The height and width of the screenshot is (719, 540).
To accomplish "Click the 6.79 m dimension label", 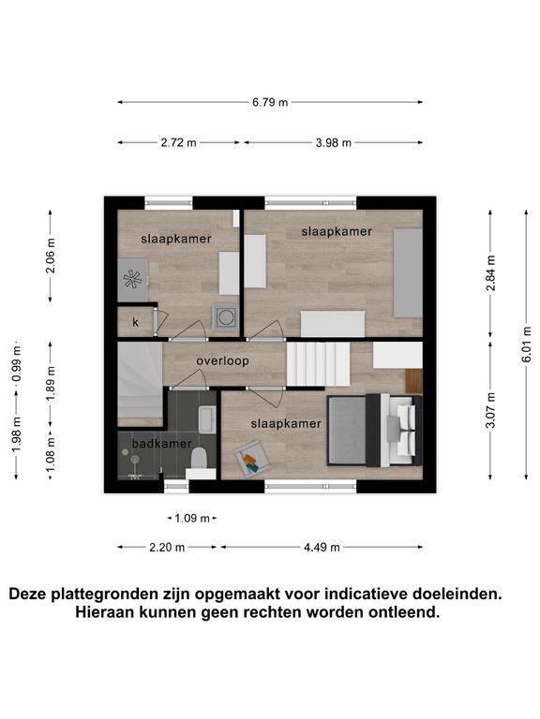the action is click(x=270, y=102).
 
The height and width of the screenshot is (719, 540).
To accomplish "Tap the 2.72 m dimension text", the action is click(x=179, y=142).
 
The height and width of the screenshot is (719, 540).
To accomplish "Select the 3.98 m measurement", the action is click(x=334, y=142).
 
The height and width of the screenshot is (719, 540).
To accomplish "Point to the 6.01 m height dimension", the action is click(x=526, y=345).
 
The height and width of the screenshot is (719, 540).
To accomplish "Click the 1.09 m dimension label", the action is click(x=192, y=519).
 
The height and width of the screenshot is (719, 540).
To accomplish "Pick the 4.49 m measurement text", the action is click(x=322, y=547).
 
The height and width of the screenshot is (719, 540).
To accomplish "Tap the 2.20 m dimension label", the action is click(x=167, y=547).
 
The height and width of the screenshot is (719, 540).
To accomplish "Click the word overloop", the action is click(x=223, y=361).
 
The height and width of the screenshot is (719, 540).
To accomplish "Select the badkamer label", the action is click(x=161, y=444).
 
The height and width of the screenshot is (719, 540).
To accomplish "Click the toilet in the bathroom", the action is click(x=200, y=459).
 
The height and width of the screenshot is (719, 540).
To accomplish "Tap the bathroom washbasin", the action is click(x=207, y=419).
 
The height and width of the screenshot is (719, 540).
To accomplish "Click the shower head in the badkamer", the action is click(x=135, y=460).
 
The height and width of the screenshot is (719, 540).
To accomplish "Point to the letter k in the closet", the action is click(x=135, y=322).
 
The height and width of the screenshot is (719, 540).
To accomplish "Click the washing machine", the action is click(x=225, y=317).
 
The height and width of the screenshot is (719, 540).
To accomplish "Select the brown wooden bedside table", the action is click(x=413, y=381).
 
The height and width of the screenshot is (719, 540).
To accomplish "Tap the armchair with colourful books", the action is click(x=251, y=459).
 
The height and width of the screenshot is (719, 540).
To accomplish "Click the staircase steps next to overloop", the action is click(x=319, y=364).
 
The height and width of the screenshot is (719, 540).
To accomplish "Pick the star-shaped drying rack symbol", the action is click(x=133, y=279).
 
